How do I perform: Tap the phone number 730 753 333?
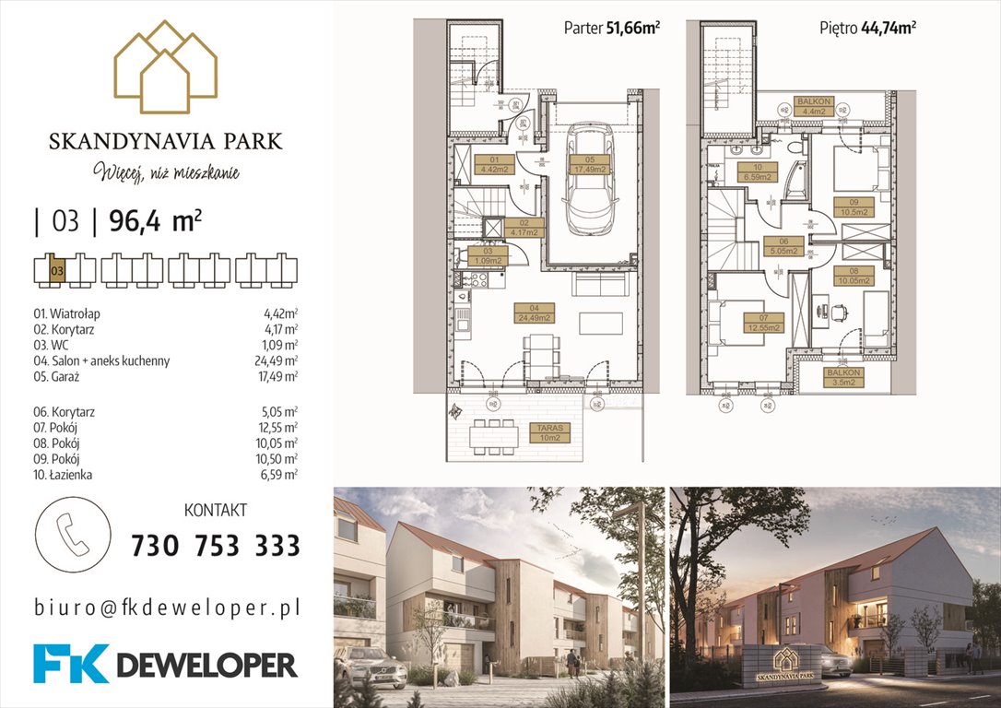point(216,546)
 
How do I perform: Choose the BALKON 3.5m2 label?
point(842,377)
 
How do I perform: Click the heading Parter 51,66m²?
point(611,28)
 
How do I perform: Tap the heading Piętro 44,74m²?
point(867,28)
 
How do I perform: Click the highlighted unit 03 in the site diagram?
point(57,270)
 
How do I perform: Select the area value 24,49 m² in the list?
point(280,360)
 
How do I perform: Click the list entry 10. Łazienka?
point(62,475)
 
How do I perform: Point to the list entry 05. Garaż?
point(56,376)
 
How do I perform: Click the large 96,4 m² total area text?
point(156,221)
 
